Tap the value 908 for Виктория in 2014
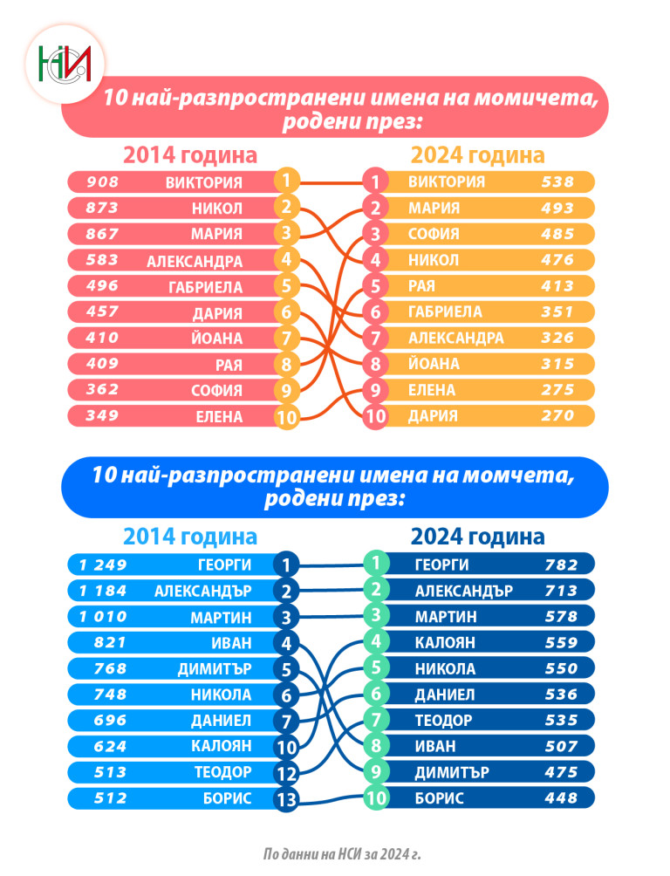pos(102,182)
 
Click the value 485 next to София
pos(557,234)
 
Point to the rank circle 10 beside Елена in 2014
pos(286,417)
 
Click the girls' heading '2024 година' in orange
pos(477,155)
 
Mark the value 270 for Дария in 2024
pos(557,416)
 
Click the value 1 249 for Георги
pos(103,565)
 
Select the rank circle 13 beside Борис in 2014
pos(286,799)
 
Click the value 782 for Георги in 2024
pos(560,565)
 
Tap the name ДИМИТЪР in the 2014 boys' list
pos(215,669)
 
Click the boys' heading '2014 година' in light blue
pos(190,536)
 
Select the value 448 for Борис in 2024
pos(560,798)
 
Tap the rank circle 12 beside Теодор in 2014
pos(286,773)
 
